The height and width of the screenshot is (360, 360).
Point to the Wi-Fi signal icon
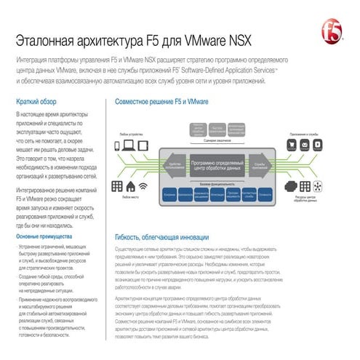[144, 187]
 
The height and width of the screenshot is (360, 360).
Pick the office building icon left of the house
[116, 186]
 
